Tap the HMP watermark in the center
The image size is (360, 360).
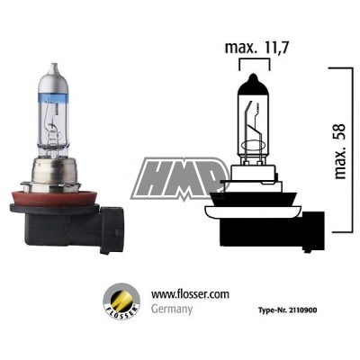click(180, 177)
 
